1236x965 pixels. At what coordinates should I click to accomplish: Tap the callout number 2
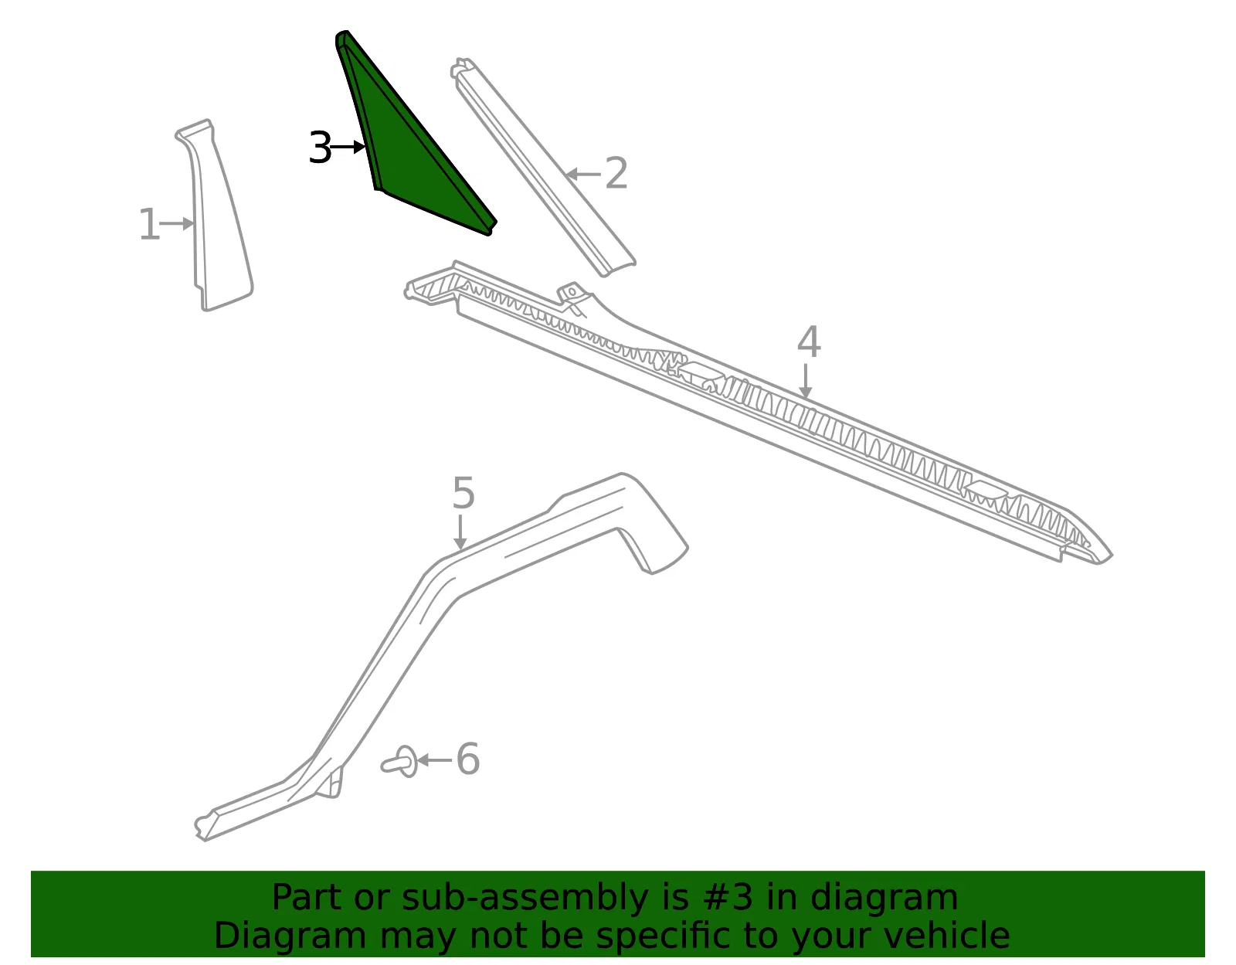click(616, 173)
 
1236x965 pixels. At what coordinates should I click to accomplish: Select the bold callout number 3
click(320, 148)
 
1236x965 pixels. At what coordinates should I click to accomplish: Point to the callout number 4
click(809, 341)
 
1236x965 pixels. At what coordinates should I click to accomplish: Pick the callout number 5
click(463, 493)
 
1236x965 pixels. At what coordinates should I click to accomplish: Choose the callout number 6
click(468, 759)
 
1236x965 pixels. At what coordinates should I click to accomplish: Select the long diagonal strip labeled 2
click(543, 168)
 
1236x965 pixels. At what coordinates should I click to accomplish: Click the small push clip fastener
click(400, 762)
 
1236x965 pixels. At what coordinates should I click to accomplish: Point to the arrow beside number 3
click(348, 148)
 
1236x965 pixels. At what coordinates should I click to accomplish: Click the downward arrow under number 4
click(805, 381)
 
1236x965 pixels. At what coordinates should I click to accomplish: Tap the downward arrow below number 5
click(460, 532)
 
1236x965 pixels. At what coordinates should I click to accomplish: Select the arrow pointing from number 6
click(435, 760)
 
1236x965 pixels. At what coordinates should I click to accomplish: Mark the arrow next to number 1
click(177, 223)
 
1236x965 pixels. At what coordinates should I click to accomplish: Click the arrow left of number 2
click(583, 174)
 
